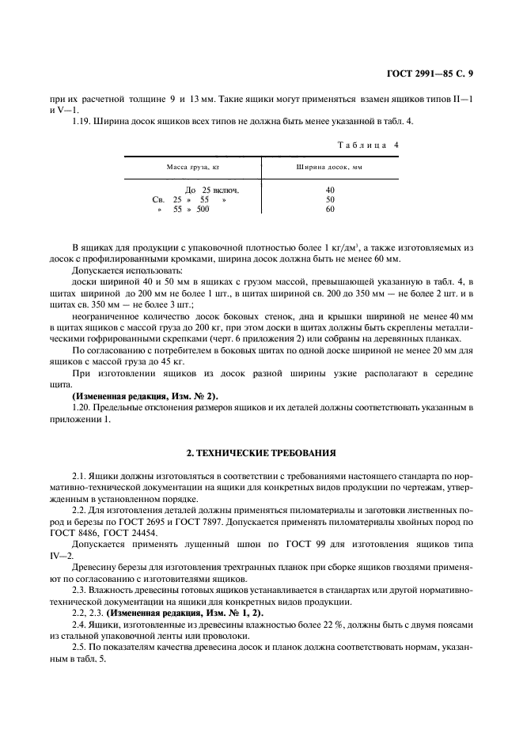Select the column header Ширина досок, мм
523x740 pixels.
[x=330, y=168]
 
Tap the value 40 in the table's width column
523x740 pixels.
[x=330, y=191]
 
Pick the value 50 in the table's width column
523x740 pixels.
[x=330, y=200]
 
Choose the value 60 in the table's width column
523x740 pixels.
[x=330, y=210]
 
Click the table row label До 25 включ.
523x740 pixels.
[x=211, y=191]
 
